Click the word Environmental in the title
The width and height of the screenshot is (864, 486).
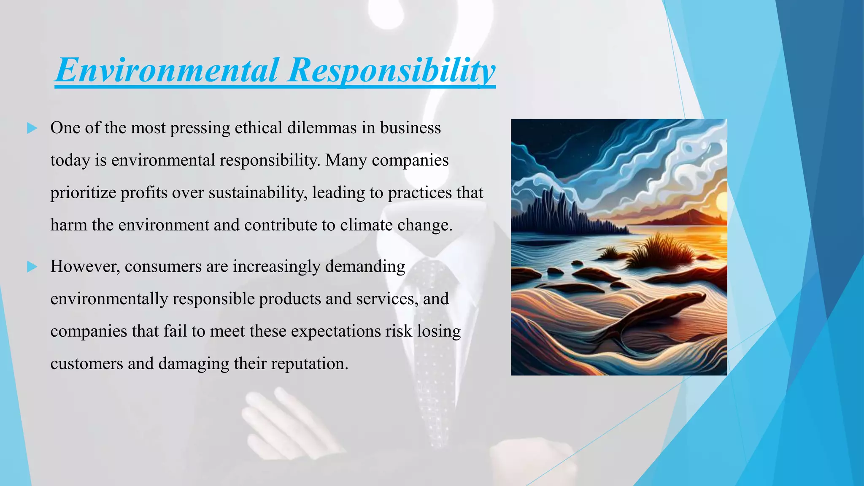pyautogui.click(x=167, y=70)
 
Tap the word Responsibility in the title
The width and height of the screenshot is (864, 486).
pyautogui.click(x=391, y=70)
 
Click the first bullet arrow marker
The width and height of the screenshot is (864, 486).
pyautogui.click(x=32, y=128)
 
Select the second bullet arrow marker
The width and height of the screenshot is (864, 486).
pyautogui.click(x=32, y=267)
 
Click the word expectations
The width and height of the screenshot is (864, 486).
pyautogui.click(x=335, y=331)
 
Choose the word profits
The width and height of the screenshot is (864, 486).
pyautogui.click(x=143, y=193)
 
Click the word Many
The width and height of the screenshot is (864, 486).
pyautogui.click(x=346, y=160)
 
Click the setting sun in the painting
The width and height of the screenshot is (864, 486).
pyautogui.click(x=722, y=202)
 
